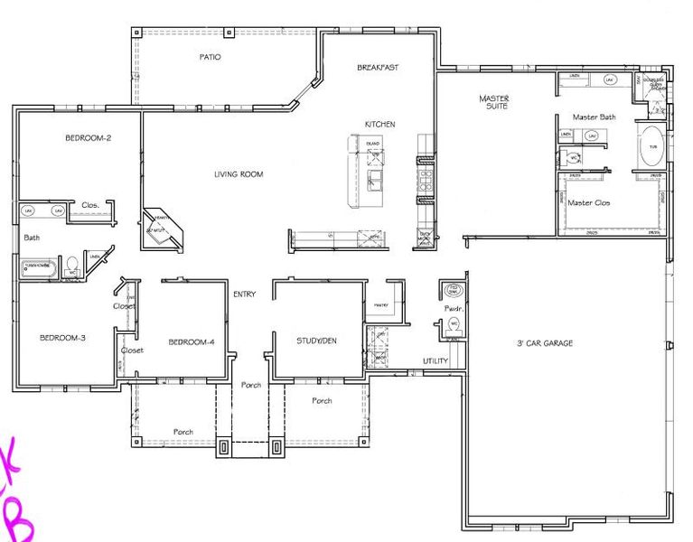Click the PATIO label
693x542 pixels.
210,57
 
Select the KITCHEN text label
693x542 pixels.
379,124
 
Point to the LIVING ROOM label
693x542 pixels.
239,174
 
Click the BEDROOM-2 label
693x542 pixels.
88,138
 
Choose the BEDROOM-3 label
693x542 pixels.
62,338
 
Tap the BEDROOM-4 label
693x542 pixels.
192,341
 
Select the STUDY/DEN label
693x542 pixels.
317,341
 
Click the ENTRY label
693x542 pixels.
245,294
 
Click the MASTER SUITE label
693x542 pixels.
494,101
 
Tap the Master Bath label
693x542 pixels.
594,117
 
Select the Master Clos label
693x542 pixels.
588,202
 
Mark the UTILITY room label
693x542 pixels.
435,361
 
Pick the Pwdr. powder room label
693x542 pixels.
453,308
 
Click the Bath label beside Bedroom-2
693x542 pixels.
32,238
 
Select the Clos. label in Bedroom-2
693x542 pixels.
90,204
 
